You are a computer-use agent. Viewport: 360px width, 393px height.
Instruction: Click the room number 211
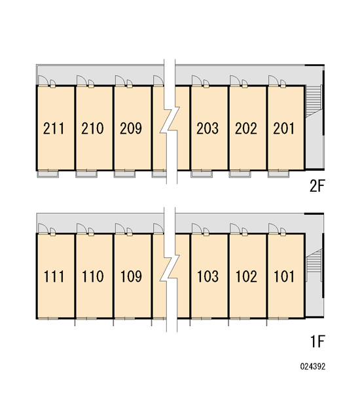tap(54, 128)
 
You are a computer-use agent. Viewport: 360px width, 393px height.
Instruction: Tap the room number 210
tap(92, 128)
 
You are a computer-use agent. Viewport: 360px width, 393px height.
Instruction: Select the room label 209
tap(131, 128)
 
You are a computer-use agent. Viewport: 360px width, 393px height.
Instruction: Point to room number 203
tap(207, 128)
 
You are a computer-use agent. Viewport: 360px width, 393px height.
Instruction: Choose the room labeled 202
tap(246, 128)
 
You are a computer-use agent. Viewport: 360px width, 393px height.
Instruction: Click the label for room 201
tap(284, 128)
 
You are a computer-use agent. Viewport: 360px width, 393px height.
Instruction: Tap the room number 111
tap(54, 276)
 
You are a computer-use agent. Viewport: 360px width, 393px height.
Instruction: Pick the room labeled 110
tap(93, 276)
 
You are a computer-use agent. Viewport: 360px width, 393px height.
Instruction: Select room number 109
tap(131, 276)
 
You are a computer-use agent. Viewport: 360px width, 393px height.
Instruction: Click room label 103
tap(207, 276)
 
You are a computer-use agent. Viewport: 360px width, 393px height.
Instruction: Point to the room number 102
tap(246, 276)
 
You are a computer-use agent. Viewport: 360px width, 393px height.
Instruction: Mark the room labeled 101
tap(284, 276)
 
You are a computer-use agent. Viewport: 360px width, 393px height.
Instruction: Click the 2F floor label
tap(317, 186)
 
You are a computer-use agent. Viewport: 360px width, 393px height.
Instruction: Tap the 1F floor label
tap(317, 341)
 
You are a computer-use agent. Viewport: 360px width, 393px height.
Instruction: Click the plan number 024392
tap(313, 366)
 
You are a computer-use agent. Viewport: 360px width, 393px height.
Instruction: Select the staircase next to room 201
tap(314, 102)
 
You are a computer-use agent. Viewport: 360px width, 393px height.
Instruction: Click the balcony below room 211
tap(48, 174)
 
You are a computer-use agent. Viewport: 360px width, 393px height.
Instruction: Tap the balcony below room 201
tap(278, 174)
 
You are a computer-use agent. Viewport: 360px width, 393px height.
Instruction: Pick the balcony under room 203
tap(202, 174)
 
